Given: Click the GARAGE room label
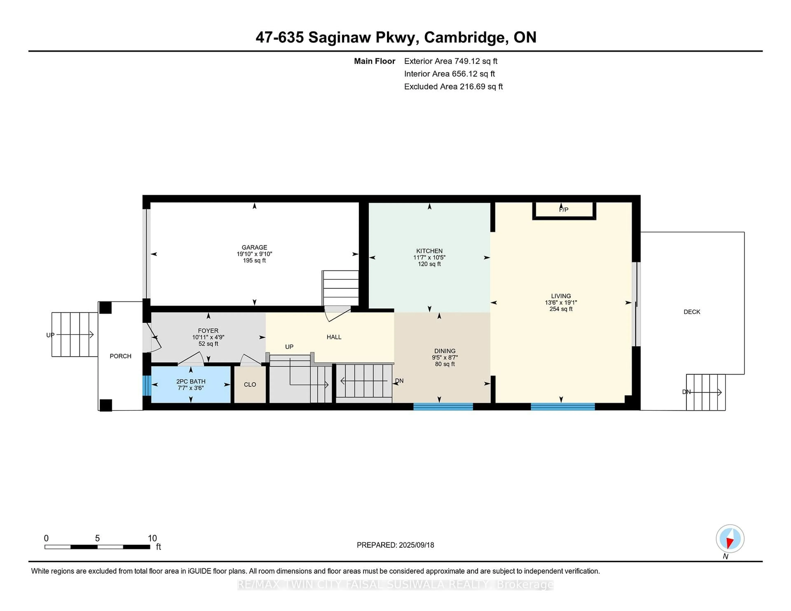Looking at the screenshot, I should point(254,247).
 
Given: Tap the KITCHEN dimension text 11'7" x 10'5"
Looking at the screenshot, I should point(429,257).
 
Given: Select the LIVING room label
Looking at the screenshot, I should point(561,296).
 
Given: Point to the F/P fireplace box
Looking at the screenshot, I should point(564,210).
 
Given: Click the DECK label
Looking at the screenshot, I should point(691,312).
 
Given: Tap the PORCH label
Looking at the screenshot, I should point(120,356).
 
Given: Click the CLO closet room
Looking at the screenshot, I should point(250,384).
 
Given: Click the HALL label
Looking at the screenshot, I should point(333,337).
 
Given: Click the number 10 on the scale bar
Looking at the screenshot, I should point(152,538).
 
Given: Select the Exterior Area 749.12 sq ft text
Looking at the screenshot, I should point(450,61).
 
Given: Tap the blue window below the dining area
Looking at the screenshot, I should point(443,407).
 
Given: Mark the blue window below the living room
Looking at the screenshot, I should point(563,407).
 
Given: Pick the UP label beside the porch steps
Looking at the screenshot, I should point(50,335).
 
